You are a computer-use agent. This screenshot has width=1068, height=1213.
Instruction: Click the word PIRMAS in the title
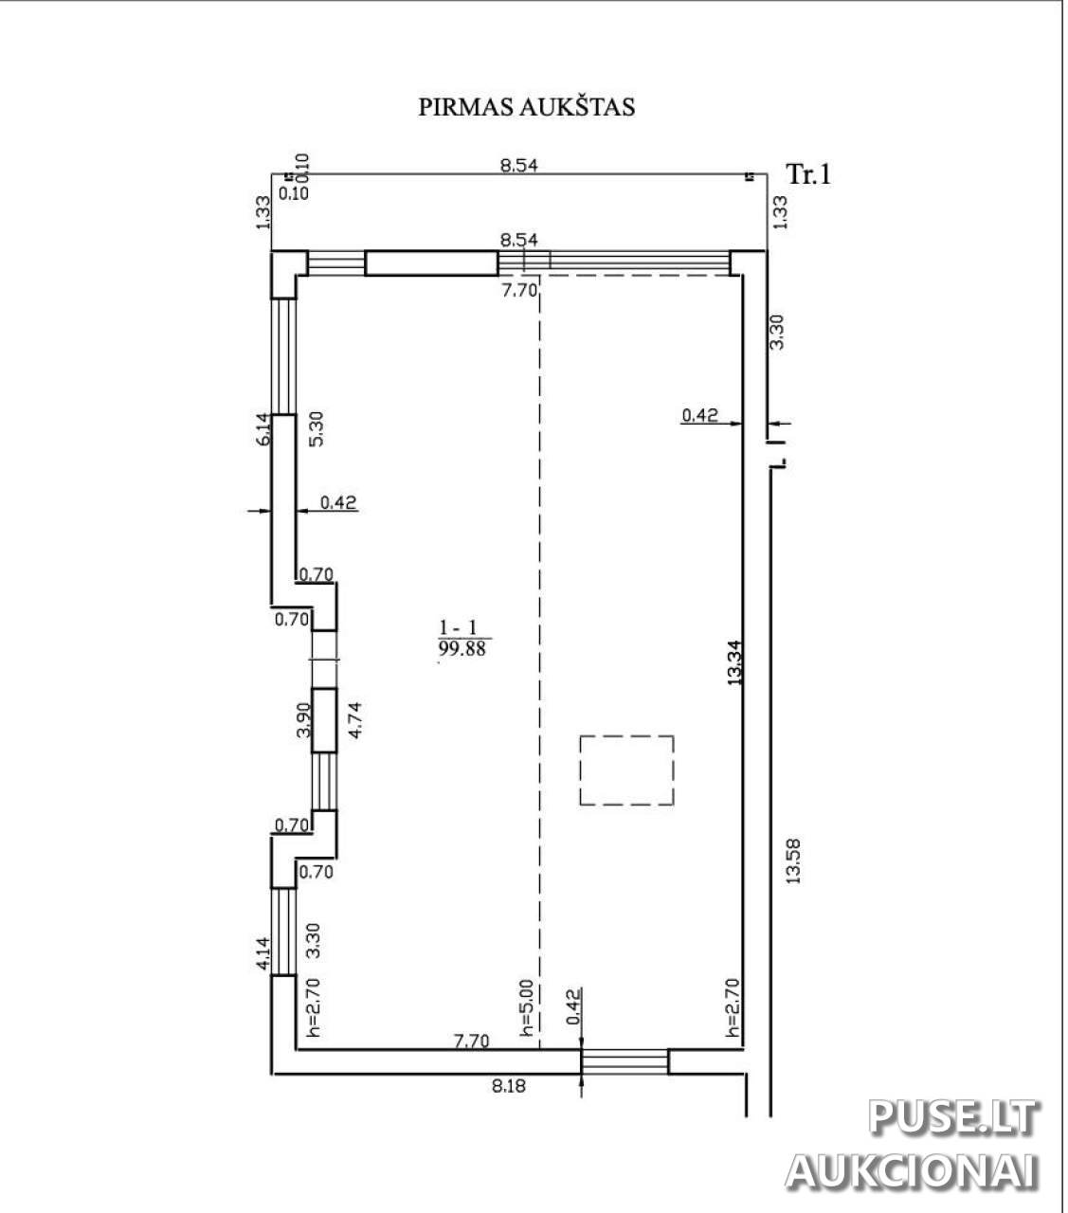465,107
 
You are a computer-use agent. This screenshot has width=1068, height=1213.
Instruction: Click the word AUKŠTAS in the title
577,106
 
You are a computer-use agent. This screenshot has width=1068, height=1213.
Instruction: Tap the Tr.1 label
808,174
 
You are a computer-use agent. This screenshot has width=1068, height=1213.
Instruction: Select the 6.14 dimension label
262,429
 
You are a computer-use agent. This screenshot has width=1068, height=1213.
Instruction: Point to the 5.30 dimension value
316,428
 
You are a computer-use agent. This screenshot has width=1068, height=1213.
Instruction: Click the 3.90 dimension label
303,719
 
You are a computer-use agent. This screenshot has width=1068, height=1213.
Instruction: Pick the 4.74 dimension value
355,720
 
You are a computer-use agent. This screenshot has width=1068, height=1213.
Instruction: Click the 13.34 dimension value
734,662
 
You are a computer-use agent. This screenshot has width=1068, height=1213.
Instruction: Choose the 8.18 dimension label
509,1086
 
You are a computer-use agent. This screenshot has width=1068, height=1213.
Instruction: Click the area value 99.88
462,649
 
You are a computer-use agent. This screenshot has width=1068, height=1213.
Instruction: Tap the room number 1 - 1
458,627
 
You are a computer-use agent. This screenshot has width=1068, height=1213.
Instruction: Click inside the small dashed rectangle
626,770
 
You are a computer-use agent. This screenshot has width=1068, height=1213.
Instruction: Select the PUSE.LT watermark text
953,1117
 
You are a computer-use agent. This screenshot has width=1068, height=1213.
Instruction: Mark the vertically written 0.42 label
573,1006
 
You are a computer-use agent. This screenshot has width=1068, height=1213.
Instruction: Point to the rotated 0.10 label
302,168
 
